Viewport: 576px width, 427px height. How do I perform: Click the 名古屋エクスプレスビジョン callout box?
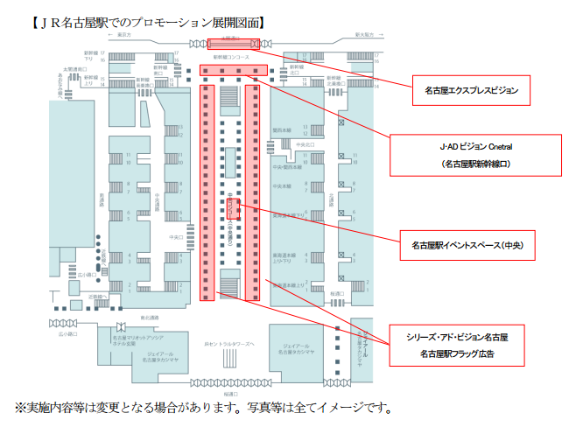[x=472, y=89]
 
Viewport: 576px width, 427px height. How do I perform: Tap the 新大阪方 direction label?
[x=365, y=34]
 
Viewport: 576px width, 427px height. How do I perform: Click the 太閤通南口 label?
[x=74, y=68]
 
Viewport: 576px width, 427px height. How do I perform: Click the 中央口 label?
[x=175, y=237]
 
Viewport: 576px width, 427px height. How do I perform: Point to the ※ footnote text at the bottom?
[x=201, y=408]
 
